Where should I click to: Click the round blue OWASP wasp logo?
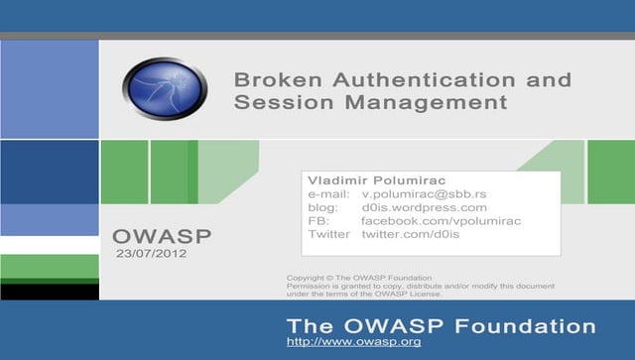tap(165, 89)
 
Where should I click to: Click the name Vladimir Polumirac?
tap(369, 180)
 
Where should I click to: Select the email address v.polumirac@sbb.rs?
tap(424, 193)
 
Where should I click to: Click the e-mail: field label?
tap(329, 193)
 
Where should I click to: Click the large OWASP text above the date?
tap(162, 238)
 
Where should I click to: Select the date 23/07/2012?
tap(151, 255)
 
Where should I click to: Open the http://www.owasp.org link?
tap(353, 342)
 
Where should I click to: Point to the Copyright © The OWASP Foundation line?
tap(359, 278)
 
